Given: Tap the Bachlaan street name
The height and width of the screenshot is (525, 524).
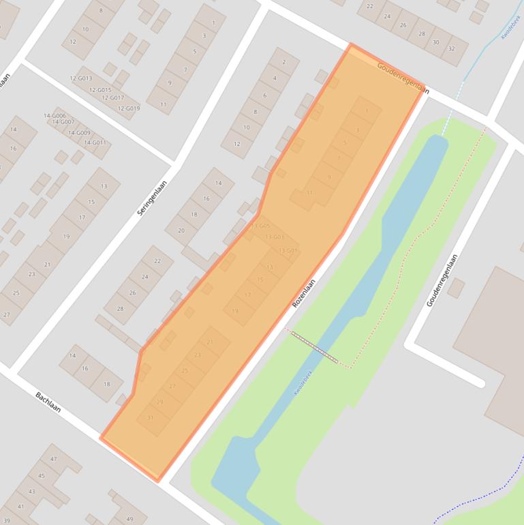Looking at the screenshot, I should click(x=48, y=402).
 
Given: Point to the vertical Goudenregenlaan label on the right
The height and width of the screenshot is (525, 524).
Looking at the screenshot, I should click(x=442, y=280).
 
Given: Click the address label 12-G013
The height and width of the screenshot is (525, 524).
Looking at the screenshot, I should click(x=80, y=78).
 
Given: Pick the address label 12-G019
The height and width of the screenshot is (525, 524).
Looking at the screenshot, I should click(x=128, y=108).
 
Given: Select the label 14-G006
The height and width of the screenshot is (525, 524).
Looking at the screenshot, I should click(x=55, y=116).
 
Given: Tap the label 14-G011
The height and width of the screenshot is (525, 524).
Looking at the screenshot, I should click(x=95, y=142).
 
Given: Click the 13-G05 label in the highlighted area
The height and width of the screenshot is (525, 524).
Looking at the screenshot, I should click(x=260, y=226).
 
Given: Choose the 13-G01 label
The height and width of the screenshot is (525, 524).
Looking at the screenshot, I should click(x=287, y=251).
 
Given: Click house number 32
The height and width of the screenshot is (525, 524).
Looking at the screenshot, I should click(x=451, y=49).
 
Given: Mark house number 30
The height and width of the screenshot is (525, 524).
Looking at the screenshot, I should click(x=436, y=42).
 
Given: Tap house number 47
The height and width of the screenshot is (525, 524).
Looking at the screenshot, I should click(x=53, y=460).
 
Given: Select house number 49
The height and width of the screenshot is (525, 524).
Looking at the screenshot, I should click(x=129, y=519).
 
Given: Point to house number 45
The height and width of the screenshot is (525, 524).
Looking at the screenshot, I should click(x=42, y=476).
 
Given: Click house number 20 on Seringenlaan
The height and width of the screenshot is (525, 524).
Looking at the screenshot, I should click(x=181, y=230).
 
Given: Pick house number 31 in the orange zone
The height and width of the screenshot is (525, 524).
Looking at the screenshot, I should click(x=150, y=418).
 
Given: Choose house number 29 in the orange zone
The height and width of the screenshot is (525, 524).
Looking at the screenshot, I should click(x=160, y=402).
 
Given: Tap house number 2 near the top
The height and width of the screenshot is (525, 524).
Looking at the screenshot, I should click(x=283, y=62).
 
